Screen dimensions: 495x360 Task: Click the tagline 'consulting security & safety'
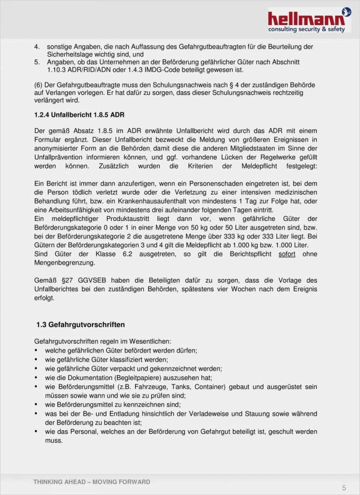point(307,29)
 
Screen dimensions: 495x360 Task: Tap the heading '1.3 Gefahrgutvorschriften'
point(81,324)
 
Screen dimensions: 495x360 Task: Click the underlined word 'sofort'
point(287,254)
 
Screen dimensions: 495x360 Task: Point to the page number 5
point(344,487)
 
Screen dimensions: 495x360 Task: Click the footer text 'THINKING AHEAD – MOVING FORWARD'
point(92,482)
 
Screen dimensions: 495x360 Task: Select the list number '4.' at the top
point(37,47)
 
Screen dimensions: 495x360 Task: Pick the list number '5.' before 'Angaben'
point(37,62)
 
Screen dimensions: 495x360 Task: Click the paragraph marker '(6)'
point(39,85)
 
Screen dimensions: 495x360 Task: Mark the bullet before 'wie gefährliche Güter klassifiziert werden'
point(37,360)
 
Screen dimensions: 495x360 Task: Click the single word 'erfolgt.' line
point(45,298)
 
